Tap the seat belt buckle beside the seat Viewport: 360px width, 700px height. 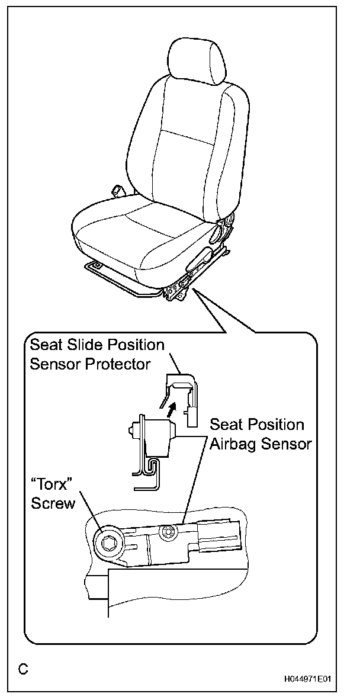point(117,192)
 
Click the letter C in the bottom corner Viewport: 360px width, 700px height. point(22,669)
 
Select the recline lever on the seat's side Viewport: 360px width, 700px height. point(199,259)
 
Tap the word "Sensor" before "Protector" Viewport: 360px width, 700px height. point(56,364)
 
